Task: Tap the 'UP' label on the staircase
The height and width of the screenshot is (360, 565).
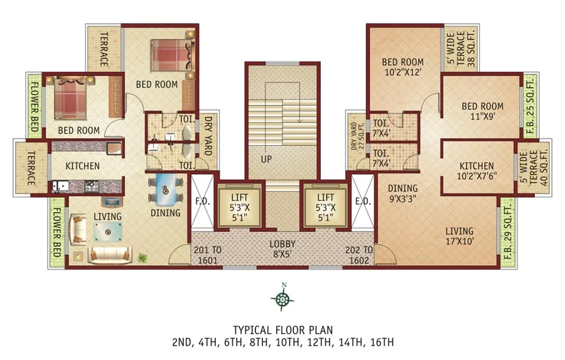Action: [267, 160]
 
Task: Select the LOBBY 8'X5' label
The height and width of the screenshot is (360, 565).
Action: [282, 248]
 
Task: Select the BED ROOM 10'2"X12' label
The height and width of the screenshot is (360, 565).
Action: [403, 67]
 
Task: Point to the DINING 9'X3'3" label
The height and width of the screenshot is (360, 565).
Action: [402, 192]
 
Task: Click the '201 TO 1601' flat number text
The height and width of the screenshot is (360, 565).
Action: [207, 254]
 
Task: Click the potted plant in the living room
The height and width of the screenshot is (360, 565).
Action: [144, 257]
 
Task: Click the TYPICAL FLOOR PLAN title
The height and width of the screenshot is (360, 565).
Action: [282, 330]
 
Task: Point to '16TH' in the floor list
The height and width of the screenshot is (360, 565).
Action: [382, 342]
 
